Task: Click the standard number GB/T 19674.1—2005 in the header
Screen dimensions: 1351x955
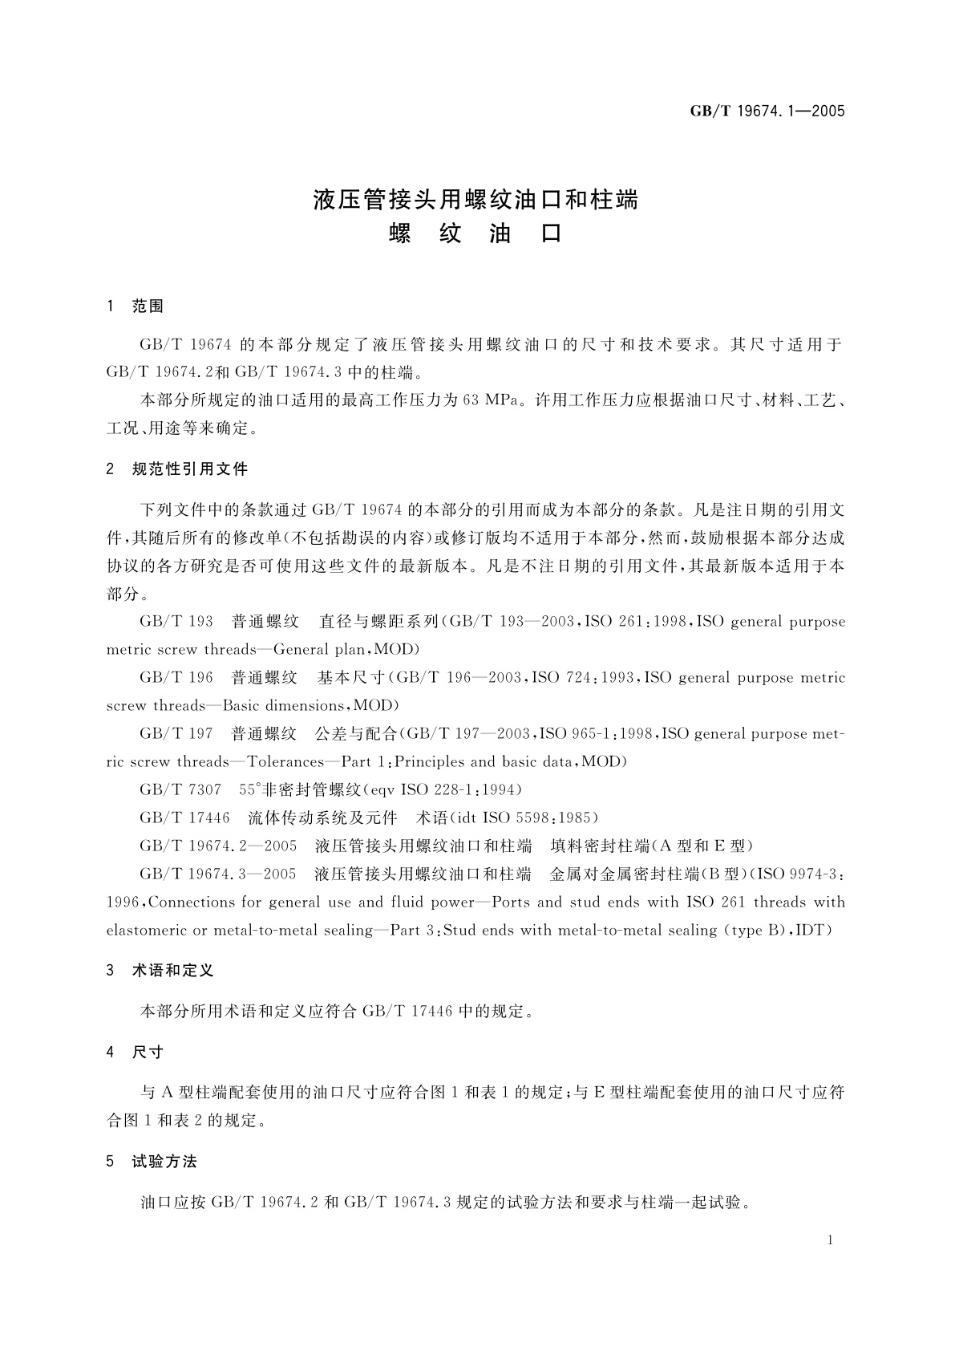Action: (x=767, y=112)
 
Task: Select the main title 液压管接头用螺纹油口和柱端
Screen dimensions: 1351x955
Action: (x=475, y=199)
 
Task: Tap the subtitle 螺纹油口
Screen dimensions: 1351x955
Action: (x=475, y=233)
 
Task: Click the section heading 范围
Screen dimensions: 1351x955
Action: (x=148, y=306)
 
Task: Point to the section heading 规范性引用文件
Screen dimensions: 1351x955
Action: (x=189, y=469)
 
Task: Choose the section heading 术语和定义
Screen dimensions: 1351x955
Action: (x=172, y=970)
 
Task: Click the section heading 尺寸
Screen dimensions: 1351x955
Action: (x=148, y=1052)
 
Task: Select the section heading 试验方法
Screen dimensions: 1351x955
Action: (x=164, y=1162)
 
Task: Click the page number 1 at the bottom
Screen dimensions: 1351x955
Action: (x=830, y=1240)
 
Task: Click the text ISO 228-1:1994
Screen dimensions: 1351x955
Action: (x=459, y=789)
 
